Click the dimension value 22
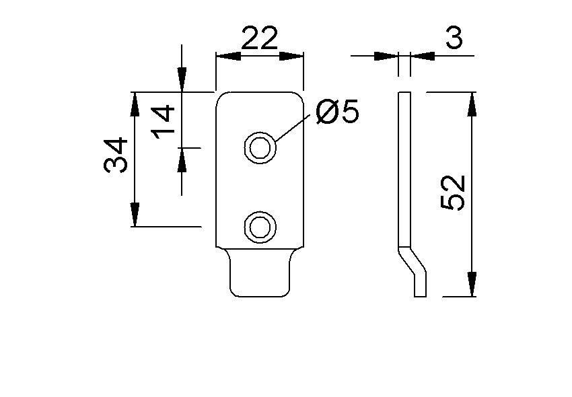[x=259, y=40]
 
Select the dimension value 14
[x=164, y=120]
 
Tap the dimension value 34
[x=116, y=155]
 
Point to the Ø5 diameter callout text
[x=336, y=112]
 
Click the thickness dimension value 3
[x=454, y=39]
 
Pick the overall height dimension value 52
[x=453, y=193]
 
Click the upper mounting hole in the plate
[x=260, y=147]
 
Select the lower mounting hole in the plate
[x=260, y=227]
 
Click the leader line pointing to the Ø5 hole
[x=295, y=127]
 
